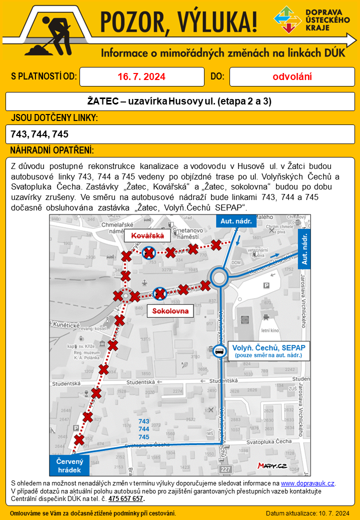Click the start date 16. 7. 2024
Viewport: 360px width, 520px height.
(141, 77)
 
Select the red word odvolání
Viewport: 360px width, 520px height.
(292, 77)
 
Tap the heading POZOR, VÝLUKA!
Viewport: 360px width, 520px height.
(179, 22)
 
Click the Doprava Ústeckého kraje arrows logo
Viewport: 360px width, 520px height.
(287, 19)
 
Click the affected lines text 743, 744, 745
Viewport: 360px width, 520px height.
(39, 134)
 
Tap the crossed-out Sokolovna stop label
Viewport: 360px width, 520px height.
(170, 311)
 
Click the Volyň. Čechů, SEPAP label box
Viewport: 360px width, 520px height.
(268, 350)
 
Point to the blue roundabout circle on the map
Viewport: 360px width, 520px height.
(219, 276)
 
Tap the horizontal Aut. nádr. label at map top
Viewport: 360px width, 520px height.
(236, 220)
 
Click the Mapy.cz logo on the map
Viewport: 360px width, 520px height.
(272, 465)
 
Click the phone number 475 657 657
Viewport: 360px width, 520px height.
(126, 498)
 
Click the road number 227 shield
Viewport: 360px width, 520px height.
(225, 469)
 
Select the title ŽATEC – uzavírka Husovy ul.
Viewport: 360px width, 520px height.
(179, 101)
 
